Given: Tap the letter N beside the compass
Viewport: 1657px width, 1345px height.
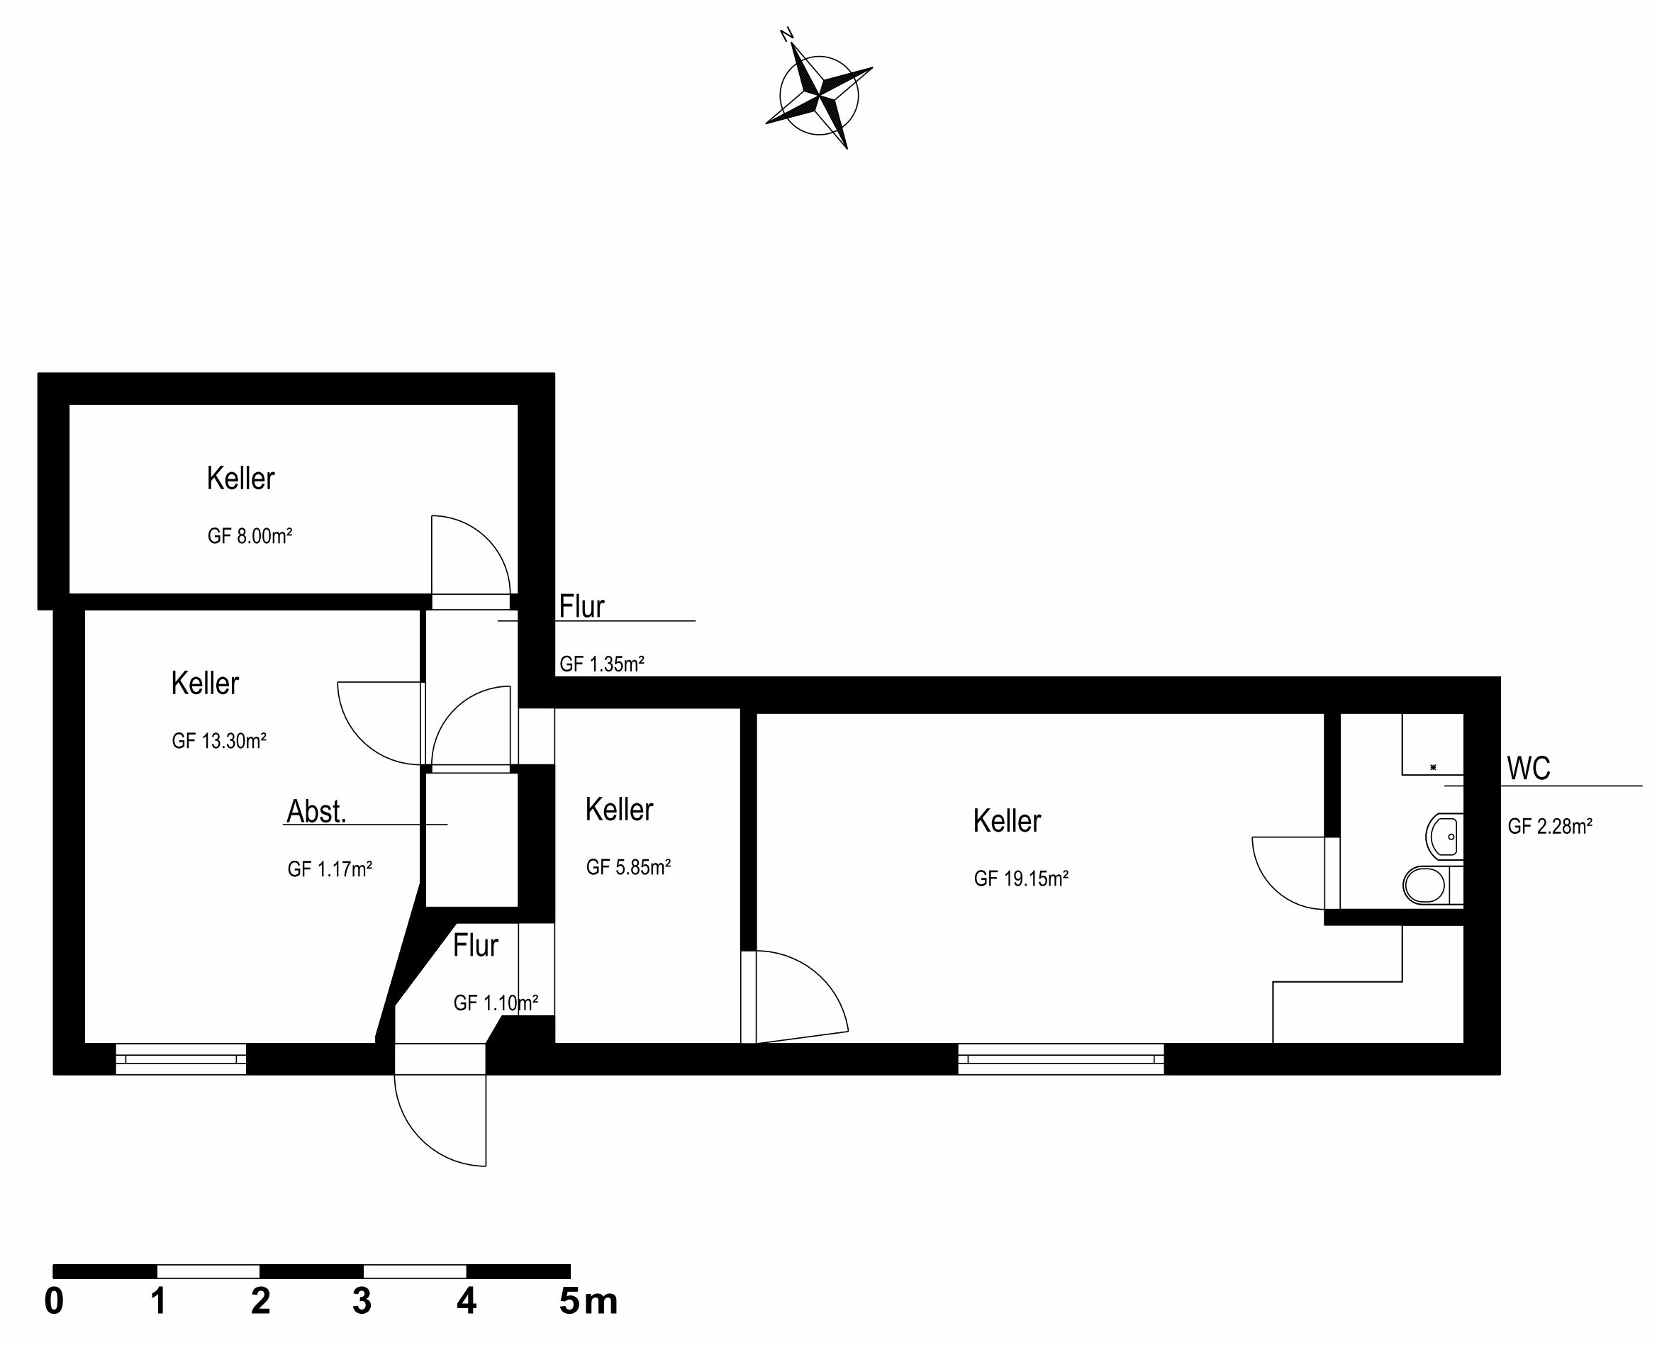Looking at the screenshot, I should (786, 35).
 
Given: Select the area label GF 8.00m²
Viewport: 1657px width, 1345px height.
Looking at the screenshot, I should (250, 536).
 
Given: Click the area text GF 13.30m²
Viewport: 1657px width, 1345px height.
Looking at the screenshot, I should (219, 742).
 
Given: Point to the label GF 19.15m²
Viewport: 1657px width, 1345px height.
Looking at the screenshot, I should (1021, 878).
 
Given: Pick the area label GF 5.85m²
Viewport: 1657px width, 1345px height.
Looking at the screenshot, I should (628, 867).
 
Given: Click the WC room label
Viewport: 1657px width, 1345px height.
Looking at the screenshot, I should (1529, 769).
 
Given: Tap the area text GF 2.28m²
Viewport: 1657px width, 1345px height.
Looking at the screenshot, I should (1549, 827).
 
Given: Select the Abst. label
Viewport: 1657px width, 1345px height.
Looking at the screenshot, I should (316, 812).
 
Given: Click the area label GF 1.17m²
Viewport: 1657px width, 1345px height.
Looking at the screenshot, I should (330, 869).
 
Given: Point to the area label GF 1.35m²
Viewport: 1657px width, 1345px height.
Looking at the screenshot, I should (602, 664).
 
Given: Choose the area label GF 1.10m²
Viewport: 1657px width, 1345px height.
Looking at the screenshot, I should (496, 1003).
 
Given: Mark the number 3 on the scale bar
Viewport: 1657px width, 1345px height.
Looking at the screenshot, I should (362, 1302).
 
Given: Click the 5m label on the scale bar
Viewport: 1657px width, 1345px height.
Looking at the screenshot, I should (588, 1302).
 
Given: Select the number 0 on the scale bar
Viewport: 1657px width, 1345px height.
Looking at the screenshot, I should (53, 1302).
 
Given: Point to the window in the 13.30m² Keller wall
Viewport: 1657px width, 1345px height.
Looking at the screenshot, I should (181, 1059).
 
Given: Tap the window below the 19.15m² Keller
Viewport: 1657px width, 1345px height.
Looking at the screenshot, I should (1061, 1059).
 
